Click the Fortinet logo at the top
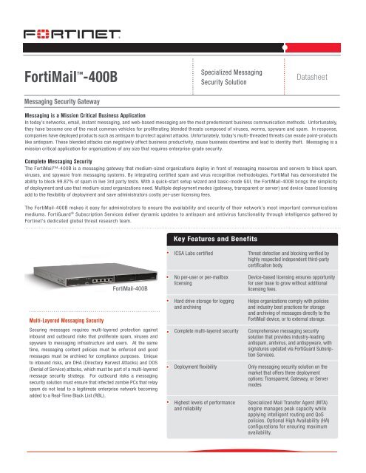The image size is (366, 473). pos(71,35)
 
